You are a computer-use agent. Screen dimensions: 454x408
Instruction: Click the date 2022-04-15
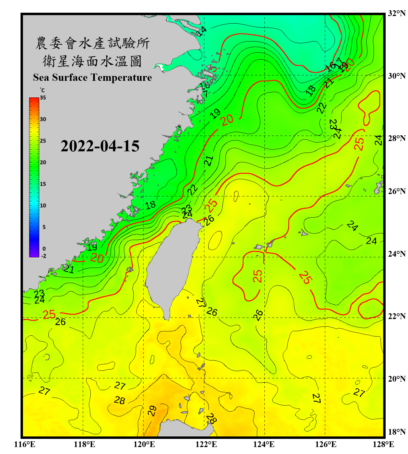click(x=100, y=146)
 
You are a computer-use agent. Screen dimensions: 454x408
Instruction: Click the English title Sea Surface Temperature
click(x=92, y=77)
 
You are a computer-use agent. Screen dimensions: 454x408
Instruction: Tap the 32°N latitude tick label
click(x=397, y=13)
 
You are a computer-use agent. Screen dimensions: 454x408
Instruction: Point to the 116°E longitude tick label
click(x=25, y=444)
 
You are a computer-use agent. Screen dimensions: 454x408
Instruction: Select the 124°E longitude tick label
click(x=264, y=444)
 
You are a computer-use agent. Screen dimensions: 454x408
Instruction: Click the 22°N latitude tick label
click(x=397, y=316)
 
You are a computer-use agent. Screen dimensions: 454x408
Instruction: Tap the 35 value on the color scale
click(x=43, y=98)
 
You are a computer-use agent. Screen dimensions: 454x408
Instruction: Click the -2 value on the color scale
click(x=44, y=256)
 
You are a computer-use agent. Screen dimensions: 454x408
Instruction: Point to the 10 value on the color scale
click(x=43, y=206)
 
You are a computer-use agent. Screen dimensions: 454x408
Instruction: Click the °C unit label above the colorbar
click(x=42, y=90)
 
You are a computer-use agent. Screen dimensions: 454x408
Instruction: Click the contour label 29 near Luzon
click(x=152, y=411)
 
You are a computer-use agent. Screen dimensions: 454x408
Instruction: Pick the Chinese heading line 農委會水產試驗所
click(x=92, y=43)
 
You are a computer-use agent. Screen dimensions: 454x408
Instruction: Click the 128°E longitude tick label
click(x=383, y=444)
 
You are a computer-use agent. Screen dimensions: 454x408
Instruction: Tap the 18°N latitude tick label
click(x=397, y=432)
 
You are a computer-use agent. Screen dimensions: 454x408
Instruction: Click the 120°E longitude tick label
click(x=144, y=444)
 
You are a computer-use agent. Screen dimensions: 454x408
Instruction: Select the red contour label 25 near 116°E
click(x=49, y=315)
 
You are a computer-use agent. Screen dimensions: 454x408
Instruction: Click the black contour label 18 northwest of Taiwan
click(x=150, y=205)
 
